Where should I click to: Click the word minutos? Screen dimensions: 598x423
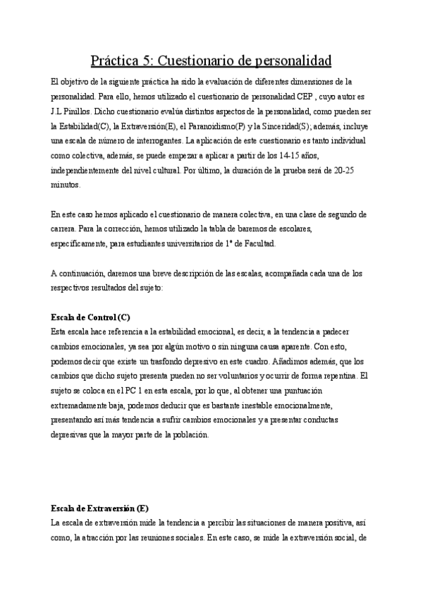click(67, 185)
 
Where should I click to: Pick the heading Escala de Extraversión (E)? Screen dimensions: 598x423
click(100, 508)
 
